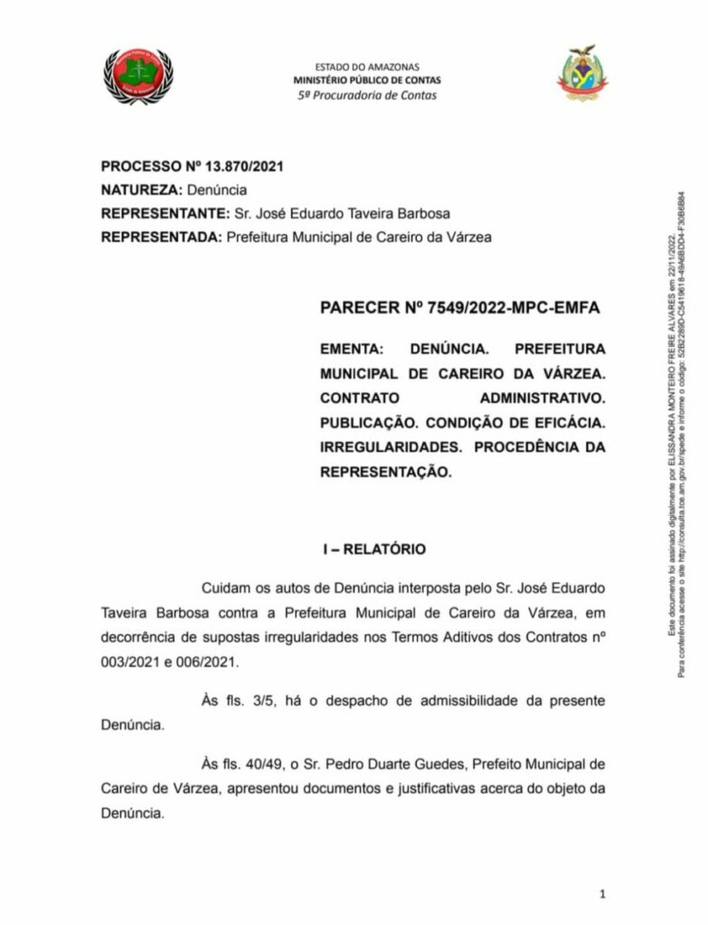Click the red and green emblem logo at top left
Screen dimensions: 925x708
point(137,76)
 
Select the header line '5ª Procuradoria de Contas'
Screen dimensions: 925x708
point(367,95)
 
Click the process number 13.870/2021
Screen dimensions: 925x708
point(244,166)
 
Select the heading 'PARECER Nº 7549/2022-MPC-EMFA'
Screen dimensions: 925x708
point(459,309)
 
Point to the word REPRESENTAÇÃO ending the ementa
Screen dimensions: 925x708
point(384,471)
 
